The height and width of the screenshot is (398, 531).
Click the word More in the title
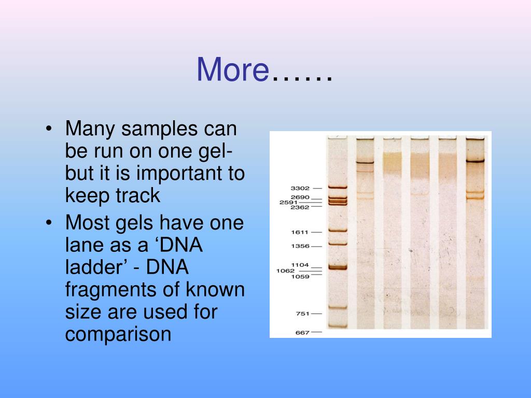(x=231, y=69)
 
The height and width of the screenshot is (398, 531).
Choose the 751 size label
(x=301, y=314)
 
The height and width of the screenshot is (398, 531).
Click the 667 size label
(x=301, y=332)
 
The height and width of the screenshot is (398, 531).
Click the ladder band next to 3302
(x=337, y=188)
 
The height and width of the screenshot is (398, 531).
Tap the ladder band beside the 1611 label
(x=337, y=231)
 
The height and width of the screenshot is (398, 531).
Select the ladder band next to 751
(x=337, y=308)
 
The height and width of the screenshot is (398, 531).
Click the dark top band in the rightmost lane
(x=474, y=161)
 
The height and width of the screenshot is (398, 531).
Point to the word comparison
(x=118, y=334)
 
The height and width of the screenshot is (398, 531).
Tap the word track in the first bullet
(x=139, y=195)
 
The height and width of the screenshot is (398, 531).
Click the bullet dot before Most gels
(x=49, y=223)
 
